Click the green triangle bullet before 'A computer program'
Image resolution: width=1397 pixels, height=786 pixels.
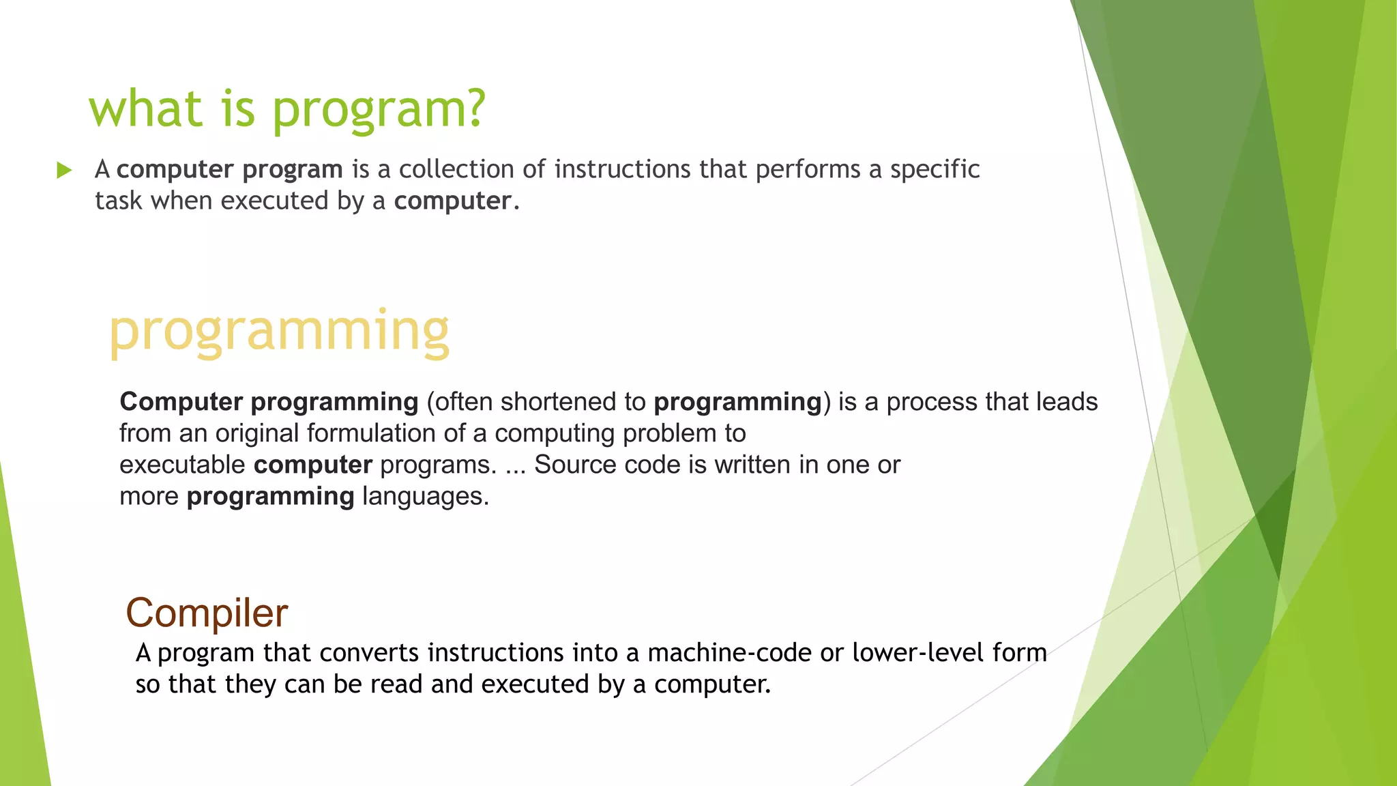(65, 170)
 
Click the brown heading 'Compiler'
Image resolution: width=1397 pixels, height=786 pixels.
(207, 613)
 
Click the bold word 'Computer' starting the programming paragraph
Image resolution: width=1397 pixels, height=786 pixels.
(181, 402)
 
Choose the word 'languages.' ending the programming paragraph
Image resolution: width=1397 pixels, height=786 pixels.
(426, 496)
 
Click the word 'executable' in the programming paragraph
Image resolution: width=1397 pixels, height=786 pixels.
(182, 465)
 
